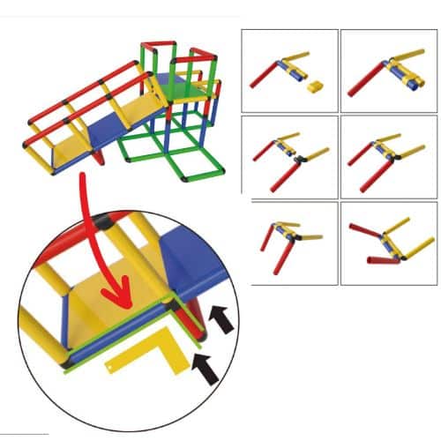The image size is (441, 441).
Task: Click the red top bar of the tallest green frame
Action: pos(160,44)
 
